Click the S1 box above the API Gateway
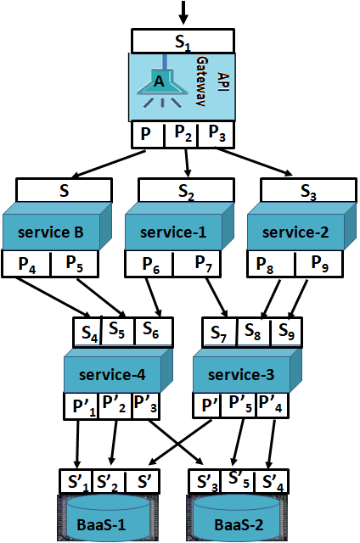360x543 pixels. click(x=183, y=40)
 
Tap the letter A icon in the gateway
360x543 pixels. click(x=158, y=82)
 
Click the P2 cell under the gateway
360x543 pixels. click(x=183, y=133)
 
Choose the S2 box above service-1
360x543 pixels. click(x=187, y=191)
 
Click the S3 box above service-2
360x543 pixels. click(x=308, y=191)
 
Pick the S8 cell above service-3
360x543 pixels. click(x=252, y=330)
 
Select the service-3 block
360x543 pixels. click(x=241, y=374)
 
